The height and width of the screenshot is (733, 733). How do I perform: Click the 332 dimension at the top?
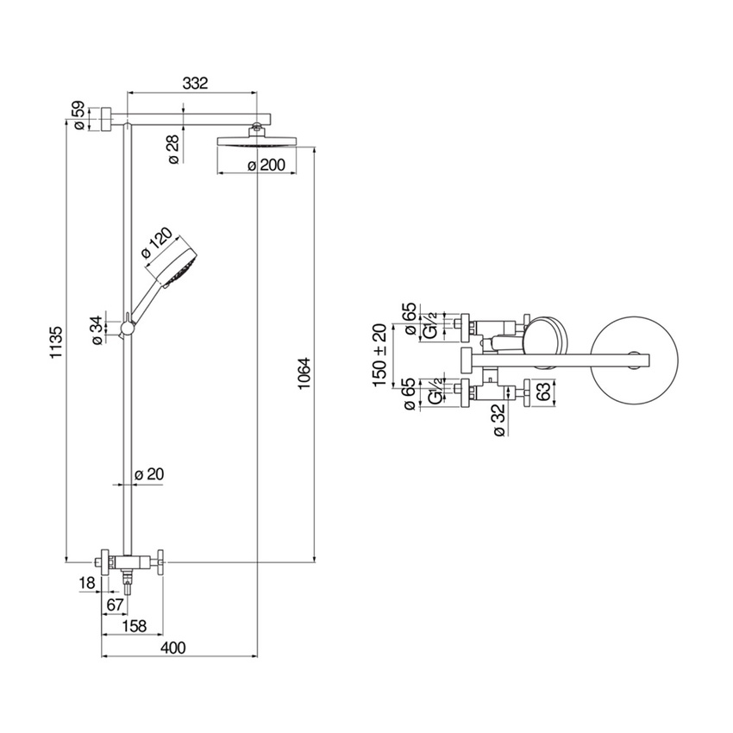click(x=196, y=83)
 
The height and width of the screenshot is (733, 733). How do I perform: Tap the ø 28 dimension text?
click(x=172, y=148)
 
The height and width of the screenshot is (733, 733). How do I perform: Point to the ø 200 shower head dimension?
click(x=266, y=166)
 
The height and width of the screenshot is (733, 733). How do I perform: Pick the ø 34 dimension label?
click(x=97, y=329)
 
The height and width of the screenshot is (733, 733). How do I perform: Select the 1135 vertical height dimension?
click(x=57, y=343)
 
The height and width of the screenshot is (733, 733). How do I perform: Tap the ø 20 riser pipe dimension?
click(x=150, y=473)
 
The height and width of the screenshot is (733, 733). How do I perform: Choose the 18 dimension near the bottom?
click(x=87, y=584)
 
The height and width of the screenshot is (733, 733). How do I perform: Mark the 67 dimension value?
click(x=114, y=605)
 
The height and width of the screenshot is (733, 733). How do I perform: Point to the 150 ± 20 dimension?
click(x=379, y=355)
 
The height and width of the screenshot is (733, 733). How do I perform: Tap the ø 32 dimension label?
click(x=498, y=421)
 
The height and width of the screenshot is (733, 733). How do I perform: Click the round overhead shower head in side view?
click(x=258, y=142)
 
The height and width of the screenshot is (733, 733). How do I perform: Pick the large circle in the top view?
click(x=639, y=359)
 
